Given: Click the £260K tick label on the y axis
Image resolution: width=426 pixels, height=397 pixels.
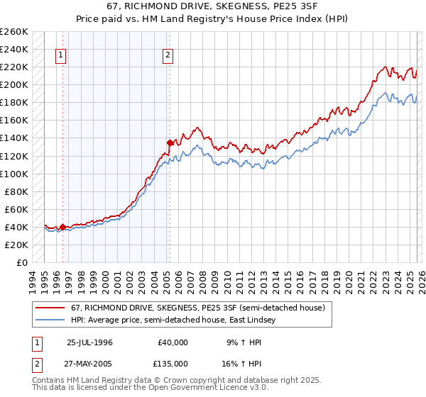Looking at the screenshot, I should coord(13,32).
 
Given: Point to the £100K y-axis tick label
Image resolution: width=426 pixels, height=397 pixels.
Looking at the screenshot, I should coord(13,174).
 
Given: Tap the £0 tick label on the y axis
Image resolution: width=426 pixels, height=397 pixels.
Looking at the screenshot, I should coord(21,262).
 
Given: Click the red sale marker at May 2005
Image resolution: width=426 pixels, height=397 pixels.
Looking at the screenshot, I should coord(170,142).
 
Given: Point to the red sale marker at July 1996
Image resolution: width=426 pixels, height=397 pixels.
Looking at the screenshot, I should coord(62,227).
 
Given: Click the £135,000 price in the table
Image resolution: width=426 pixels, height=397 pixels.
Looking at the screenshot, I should coord(173,363).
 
